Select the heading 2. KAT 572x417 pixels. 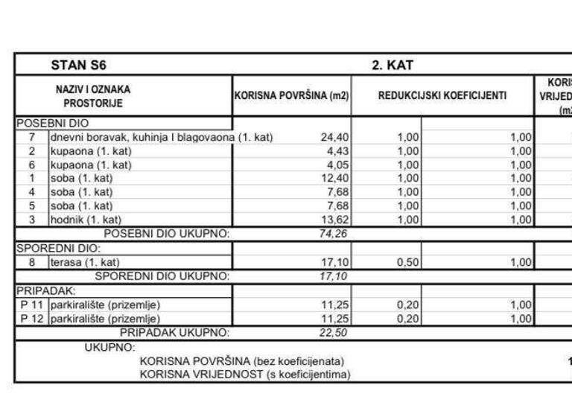coord(393,65)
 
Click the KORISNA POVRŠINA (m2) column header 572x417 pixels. coord(292,96)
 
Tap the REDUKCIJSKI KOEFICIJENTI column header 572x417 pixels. coord(442,96)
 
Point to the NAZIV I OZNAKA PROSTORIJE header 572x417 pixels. coord(98,96)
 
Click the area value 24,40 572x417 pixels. coord(334,138)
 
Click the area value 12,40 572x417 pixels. coord(334,179)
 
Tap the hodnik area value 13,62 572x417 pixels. coord(334,220)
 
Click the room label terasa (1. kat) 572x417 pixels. coord(85,262)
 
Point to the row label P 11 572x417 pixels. coord(32,305)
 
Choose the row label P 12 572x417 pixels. coord(32,318)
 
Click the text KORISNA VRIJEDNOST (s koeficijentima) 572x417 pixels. coord(244,375)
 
